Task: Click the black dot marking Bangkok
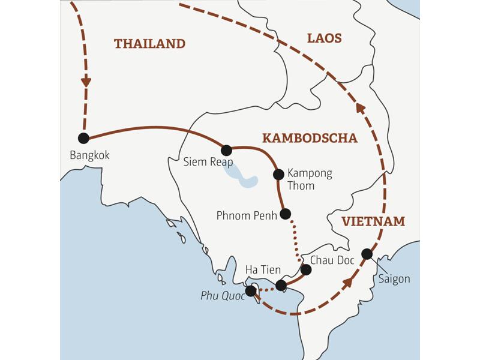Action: (83, 138)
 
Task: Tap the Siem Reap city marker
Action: (227, 150)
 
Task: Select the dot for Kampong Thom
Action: (278, 175)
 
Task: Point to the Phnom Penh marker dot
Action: (286, 213)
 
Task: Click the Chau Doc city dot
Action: (305, 269)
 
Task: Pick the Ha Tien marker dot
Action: (281, 285)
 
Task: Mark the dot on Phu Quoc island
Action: (252, 291)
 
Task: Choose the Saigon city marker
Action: (367, 254)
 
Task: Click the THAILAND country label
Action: (149, 44)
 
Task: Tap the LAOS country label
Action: (324, 38)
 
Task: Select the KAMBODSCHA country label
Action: (310, 139)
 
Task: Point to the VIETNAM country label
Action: (373, 222)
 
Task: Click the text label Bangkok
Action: (90, 155)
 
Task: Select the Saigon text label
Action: (394, 279)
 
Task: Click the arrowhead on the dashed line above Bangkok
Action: (86, 80)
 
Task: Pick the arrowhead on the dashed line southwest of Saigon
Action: (347, 283)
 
